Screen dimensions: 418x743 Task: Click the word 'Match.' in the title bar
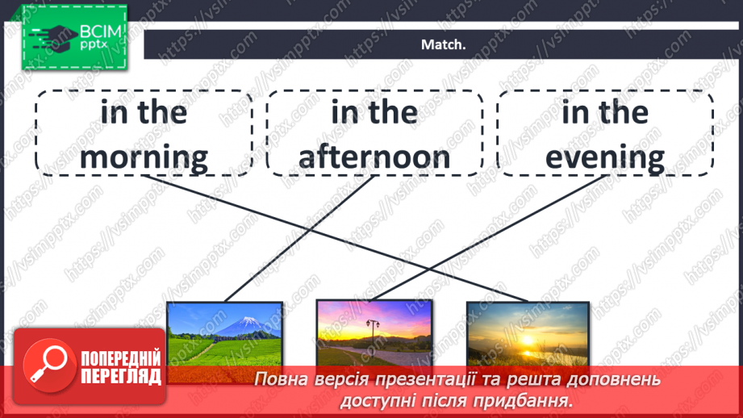(x=444, y=45)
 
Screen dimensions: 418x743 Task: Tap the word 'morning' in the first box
(x=144, y=157)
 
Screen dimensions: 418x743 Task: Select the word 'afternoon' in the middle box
(x=374, y=157)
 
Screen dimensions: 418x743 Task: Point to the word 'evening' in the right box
(x=605, y=157)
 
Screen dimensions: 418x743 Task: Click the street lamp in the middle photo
(x=372, y=331)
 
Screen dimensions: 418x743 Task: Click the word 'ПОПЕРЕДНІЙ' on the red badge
(x=121, y=359)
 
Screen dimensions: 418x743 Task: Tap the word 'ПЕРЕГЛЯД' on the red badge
(x=121, y=376)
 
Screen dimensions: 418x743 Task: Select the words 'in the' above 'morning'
(x=144, y=112)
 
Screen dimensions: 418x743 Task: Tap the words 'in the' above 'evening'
(x=605, y=112)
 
